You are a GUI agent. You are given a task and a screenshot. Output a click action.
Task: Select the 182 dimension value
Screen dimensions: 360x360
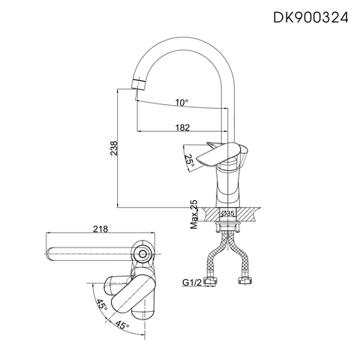click(x=180, y=127)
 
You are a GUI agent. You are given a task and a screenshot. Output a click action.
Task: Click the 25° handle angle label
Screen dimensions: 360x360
click(x=190, y=160)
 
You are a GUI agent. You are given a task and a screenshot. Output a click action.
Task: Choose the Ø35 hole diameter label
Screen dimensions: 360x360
click(x=228, y=214)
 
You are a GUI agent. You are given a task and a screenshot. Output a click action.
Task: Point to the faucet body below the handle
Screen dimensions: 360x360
click(x=226, y=187)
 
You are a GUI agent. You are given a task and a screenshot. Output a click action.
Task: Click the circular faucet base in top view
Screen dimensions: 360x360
click(x=143, y=254)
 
